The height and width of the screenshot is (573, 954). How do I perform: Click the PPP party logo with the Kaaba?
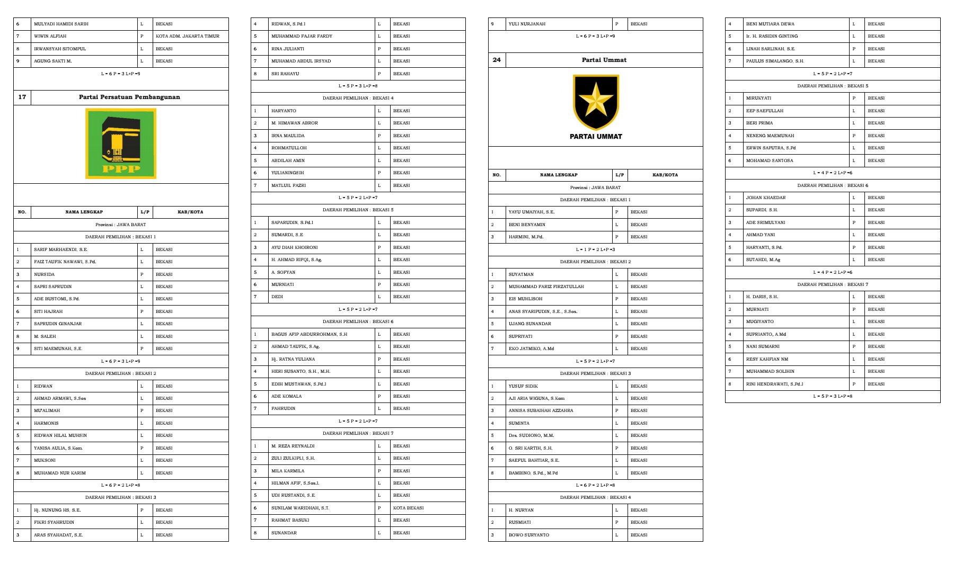tap(121, 144)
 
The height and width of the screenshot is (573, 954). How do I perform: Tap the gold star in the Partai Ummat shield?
tap(596, 99)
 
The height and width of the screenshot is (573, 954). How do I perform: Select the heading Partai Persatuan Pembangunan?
tap(129, 97)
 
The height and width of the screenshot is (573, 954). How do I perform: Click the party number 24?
tap(497, 60)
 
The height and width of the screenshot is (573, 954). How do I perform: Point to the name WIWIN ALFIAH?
tap(50, 36)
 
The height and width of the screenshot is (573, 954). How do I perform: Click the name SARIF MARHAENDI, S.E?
tap(60, 249)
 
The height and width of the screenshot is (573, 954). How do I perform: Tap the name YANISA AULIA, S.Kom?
tap(58, 448)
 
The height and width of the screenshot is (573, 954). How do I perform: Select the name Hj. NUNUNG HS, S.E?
tap(57, 510)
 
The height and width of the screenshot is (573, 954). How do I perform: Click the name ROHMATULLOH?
tap(289, 148)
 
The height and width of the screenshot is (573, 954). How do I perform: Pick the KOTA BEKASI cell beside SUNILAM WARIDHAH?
tap(408, 508)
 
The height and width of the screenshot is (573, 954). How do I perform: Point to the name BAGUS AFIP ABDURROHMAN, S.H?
tap(309, 334)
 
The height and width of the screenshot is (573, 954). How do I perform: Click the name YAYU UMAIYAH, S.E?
tap(531, 212)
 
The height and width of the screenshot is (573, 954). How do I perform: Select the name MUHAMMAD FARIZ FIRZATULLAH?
tap(546, 286)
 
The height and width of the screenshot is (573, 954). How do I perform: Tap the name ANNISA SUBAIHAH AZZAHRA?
tap(541, 410)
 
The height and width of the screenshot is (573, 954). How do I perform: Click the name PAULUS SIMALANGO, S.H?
tap(775, 61)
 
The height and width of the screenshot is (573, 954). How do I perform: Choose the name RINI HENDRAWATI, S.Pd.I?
tap(774, 384)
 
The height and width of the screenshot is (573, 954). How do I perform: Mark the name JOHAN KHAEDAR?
tap(766, 198)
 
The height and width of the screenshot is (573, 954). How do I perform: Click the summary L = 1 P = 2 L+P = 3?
tap(595, 249)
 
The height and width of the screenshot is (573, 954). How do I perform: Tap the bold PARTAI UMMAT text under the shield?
tap(596, 137)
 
